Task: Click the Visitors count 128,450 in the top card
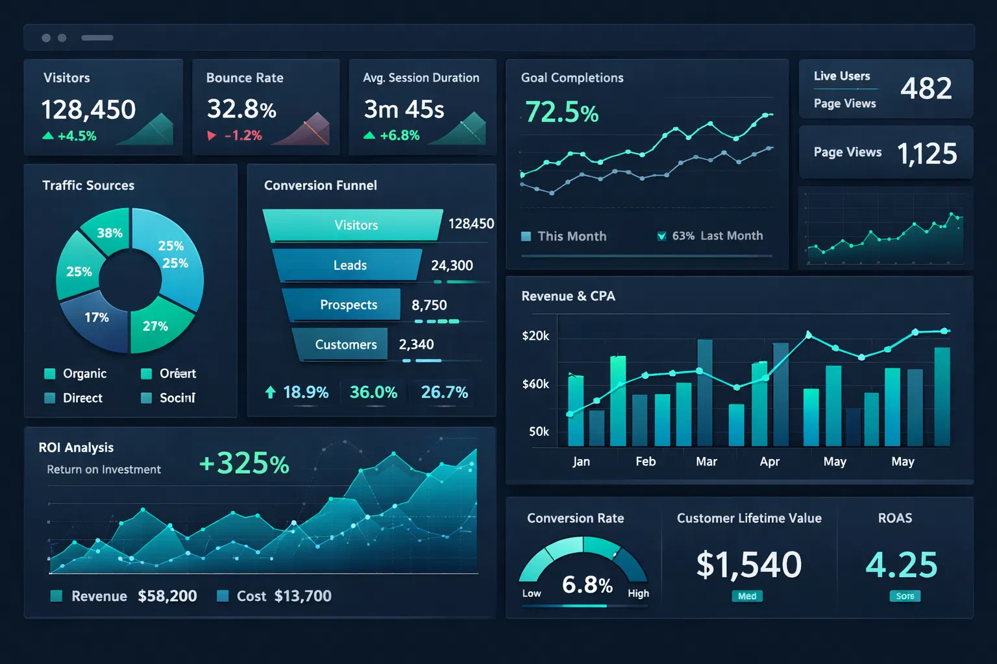click(88, 110)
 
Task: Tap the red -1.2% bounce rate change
click(243, 136)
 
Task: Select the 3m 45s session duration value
click(404, 110)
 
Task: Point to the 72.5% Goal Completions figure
click(561, 112)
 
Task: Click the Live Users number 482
click(926, 88)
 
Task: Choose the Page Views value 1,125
click(926, 154)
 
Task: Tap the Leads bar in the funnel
click(349, 265)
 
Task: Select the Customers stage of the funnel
click(345, 344)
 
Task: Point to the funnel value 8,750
click(429, 305)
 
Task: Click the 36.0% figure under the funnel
click(373, 392)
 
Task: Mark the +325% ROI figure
click(244, 464)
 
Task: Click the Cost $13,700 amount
click(302, 596)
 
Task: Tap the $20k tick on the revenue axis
click(535, 336)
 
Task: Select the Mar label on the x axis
click(706, 462)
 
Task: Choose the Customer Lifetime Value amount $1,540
click(748, 564)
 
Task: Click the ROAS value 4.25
click(902, 564)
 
